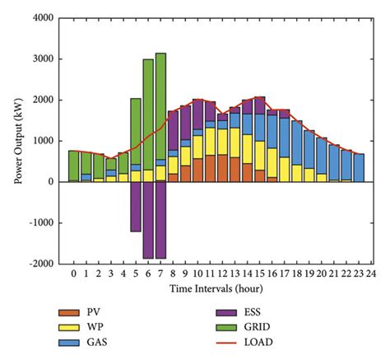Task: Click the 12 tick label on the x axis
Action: (x=222, y=274)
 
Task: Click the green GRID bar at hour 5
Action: (x=136, y=132)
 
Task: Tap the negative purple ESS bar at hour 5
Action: (x=136, y=206)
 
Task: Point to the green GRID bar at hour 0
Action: (x=74, y=166)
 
